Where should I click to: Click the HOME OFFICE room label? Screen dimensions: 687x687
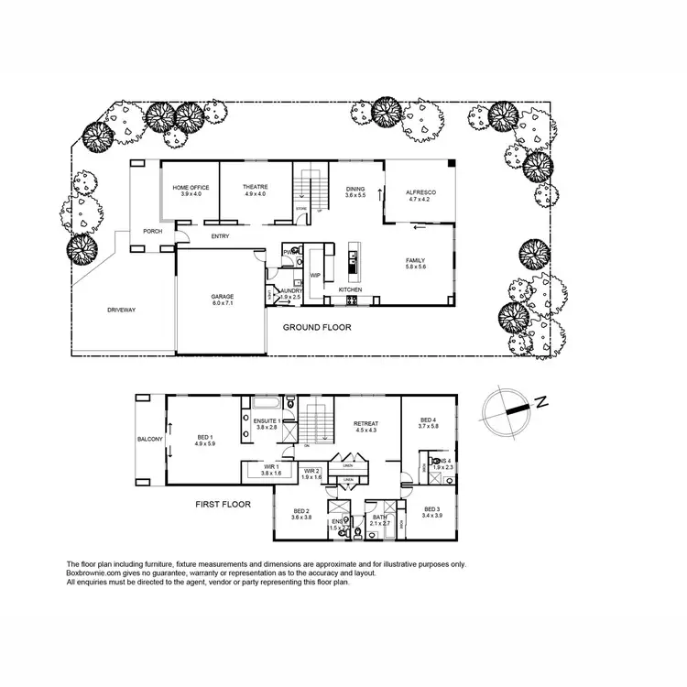(191, 187)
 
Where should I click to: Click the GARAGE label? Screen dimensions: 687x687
(222, 297)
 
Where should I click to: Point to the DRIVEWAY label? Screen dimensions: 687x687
(121, 311)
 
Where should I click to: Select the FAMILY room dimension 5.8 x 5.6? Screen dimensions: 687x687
(416, 267)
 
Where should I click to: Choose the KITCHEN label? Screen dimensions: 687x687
(350, 289)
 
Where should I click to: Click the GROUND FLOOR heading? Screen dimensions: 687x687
(317, 327)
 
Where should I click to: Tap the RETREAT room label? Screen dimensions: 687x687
(365, 423)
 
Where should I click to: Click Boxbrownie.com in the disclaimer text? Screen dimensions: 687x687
(93, 572)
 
